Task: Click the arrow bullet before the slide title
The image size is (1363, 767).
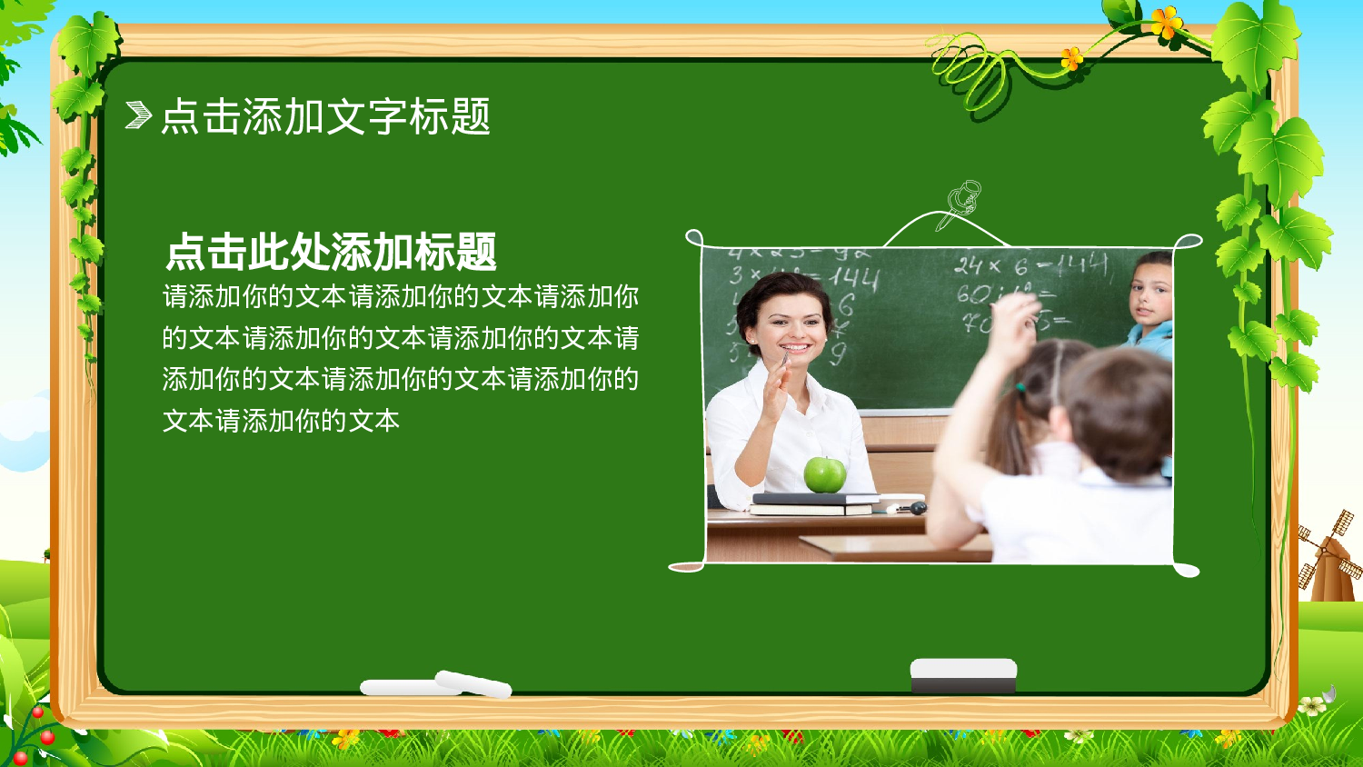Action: [x=138, y=115]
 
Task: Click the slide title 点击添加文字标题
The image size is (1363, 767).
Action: [x=325, y=116]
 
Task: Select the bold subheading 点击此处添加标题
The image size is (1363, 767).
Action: [x=331, y=252]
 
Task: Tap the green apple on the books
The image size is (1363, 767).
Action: [x=824, y=474]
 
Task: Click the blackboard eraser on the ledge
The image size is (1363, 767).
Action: [x=963, y=675]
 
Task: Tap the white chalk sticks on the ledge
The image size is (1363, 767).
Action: [x=436, y=685]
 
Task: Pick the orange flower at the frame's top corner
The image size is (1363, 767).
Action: [x=1166, y=22]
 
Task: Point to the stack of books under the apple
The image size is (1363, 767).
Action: [x=813, y=503]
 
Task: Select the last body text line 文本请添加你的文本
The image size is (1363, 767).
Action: [x=281, y=421]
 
